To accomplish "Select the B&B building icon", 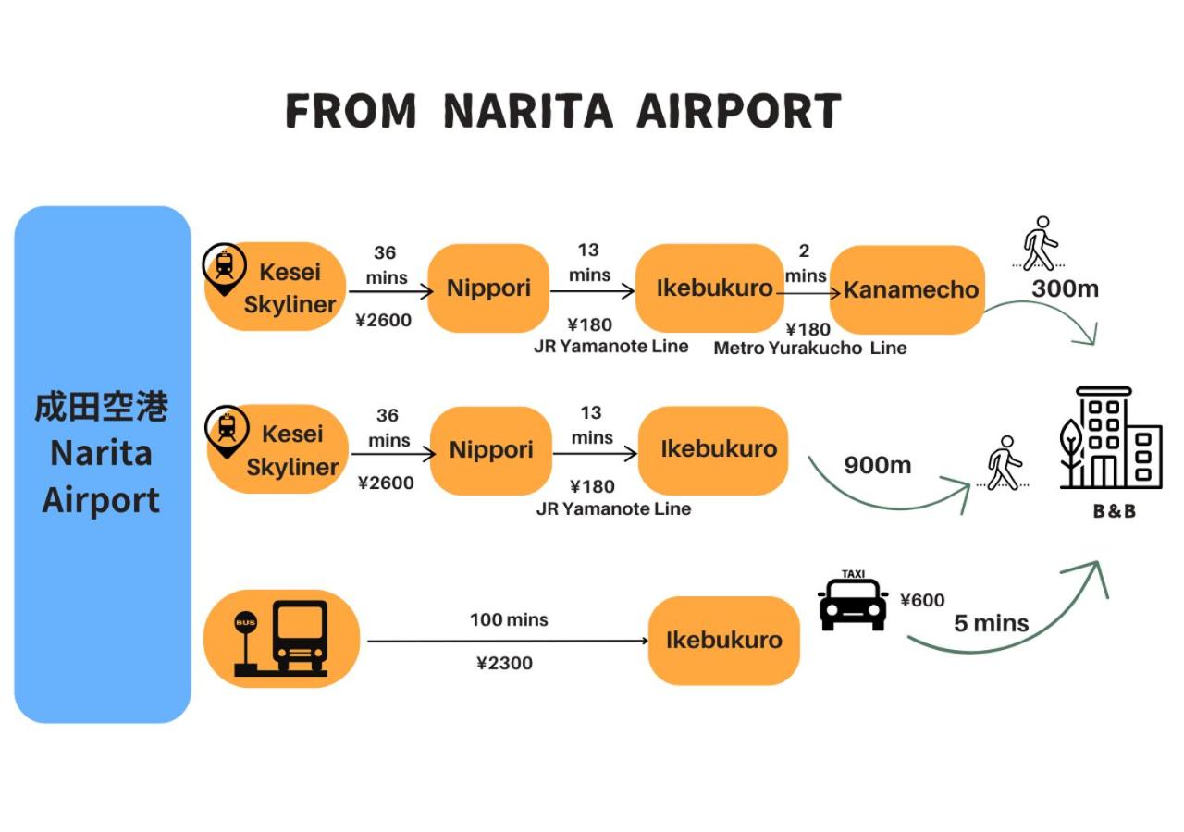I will pyautogui.click(x=1110, y=438).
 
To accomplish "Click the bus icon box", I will pyautogui.click(x=281, y=638).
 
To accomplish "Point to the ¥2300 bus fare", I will pyautogui.click(x=504, y=663).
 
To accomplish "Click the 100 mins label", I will pyautogui.click(x=509, y=619).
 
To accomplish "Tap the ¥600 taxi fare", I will pyautogui.click(x=922, y=600).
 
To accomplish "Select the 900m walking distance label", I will pyautogui.click(x=877, y=465).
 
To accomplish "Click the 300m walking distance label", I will pyautogui.click(x=1065, y=288).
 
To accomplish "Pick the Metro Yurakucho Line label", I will pyautogui.click(x=809, y=349).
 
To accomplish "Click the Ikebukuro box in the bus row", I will pyautogui.click(x=723, y=640).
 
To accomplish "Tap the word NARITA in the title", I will pyautogui.click(x=527, y=111).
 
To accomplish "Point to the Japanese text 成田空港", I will pyautogui.click(x=102, y=407).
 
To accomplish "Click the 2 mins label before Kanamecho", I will pyautogui.click(x=805, y=263).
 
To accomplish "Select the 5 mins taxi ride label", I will pyautogui.click(x=991, y=623).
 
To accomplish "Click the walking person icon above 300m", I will pyautogui.click(x=1041, y=243).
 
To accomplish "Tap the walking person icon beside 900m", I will pyautogui.click(x=1003, y=463).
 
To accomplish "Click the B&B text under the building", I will pyautogui.click(x=1114, y=510).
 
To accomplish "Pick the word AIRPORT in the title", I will pyautogui.click(x=738, y=111).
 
